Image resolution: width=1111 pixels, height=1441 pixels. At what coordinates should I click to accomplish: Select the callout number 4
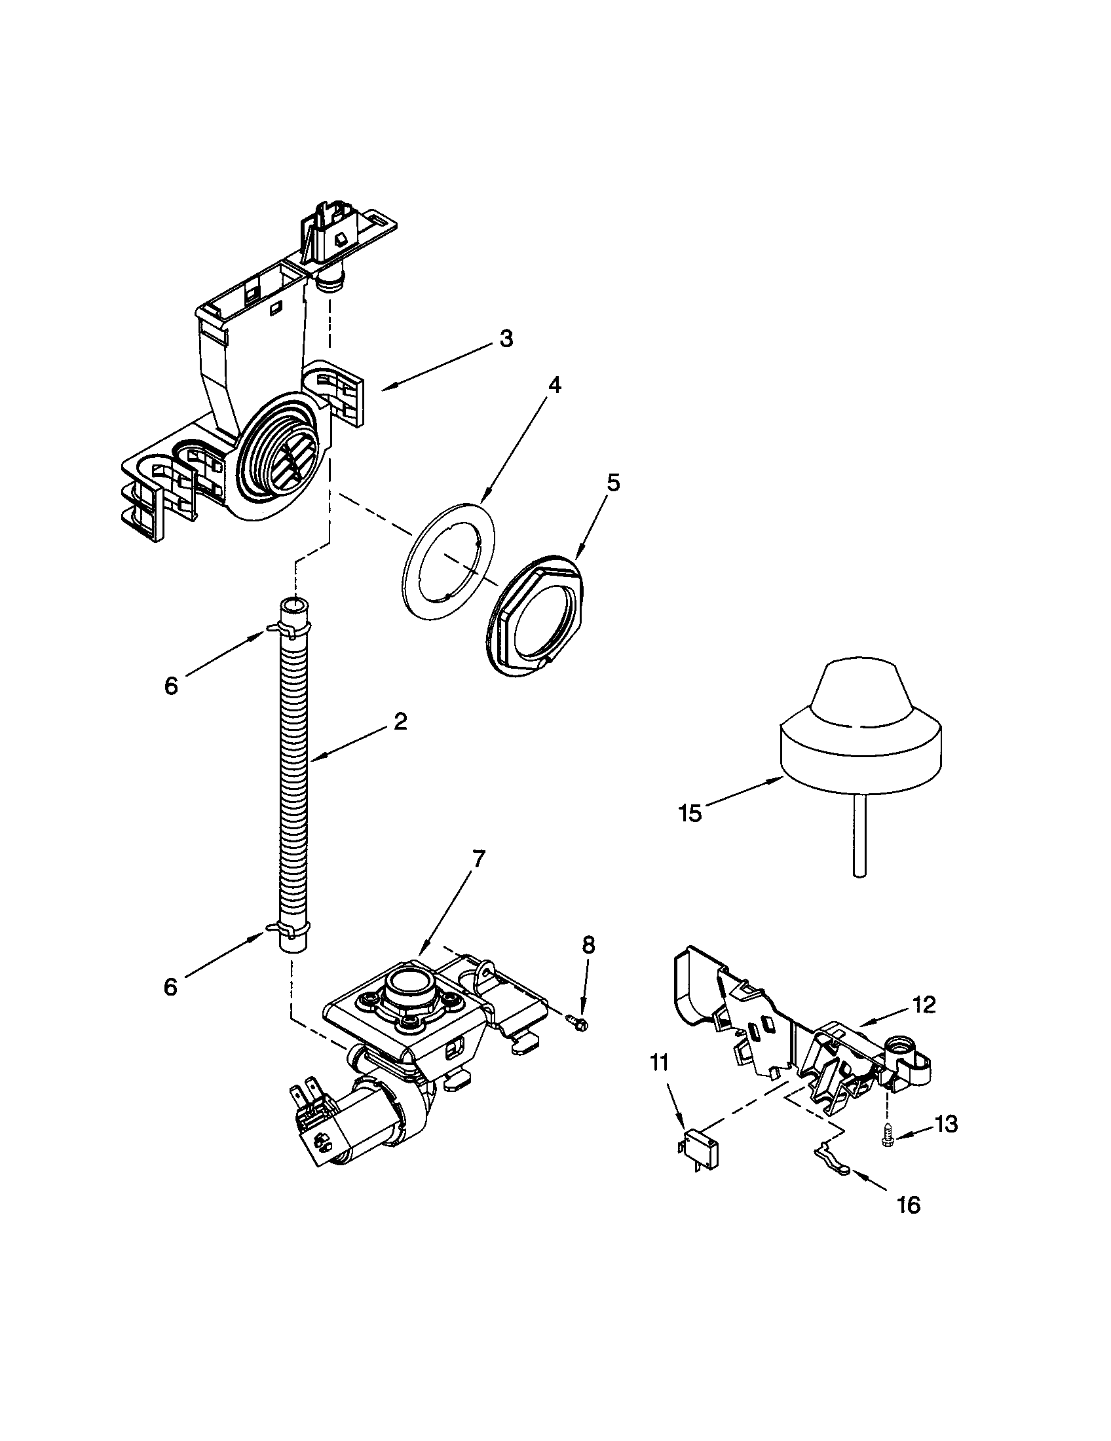click(x=555, y=384)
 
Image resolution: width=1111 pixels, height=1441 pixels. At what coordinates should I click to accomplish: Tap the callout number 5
click(x=613, y=483)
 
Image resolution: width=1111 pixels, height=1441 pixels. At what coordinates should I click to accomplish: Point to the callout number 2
click(x=400, y=721)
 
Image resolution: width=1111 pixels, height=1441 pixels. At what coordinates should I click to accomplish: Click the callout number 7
click(x=478, y=859)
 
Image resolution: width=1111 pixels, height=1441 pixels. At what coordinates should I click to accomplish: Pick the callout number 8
click(x=588, y=945)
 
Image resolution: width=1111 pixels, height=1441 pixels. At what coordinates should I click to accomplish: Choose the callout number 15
click(x=690, y=814)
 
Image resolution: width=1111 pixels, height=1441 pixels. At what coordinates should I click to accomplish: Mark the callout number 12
click(x=924, y=1005)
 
